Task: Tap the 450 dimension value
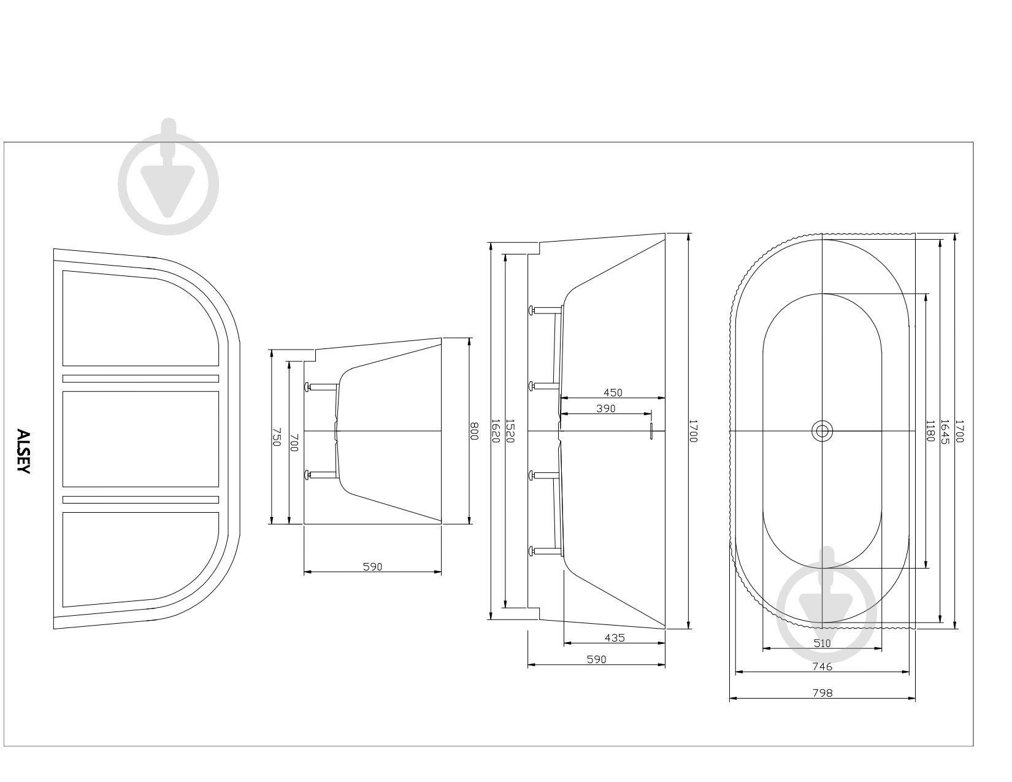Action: [613, 393]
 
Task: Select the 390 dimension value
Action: [606, 408]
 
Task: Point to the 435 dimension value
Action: [615, 638]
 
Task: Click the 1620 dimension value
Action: [496, 431]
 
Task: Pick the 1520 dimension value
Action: [510, 431]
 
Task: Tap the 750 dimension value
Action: [276, 437]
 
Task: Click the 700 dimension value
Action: [294, 442]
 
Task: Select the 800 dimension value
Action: [473, 431]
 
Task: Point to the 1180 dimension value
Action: [930, 431]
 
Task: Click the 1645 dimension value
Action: [945, 432]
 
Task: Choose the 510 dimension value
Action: [822, 643]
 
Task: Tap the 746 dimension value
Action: [822, 667]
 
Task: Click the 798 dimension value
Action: [822, 692]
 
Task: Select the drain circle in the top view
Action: [822, 431]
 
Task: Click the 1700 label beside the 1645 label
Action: [959, 431]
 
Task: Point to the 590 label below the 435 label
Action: [597, 659]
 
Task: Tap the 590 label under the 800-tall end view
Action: [372, 566]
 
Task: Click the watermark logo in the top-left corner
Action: [169, 177]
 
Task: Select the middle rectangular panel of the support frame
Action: [140, 439]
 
